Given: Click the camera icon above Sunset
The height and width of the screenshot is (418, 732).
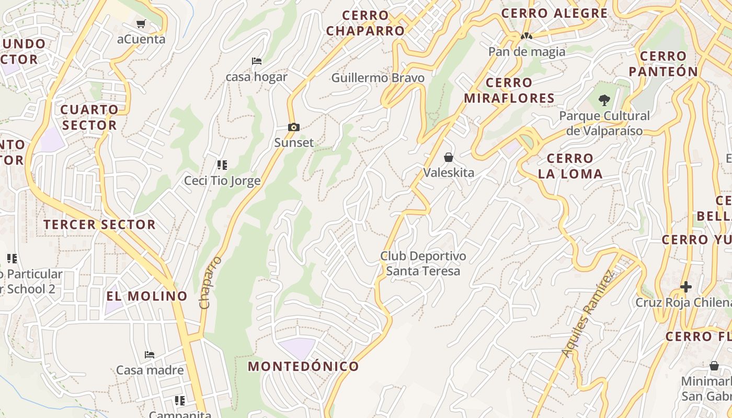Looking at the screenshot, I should [x=294, y=127].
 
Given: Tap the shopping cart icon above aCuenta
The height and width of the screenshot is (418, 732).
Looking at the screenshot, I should [x=141, y=24].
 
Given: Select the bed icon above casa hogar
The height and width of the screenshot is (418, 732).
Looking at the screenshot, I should [x=256, y=61].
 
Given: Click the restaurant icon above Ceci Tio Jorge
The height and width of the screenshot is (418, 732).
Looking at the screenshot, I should [x=222, y=165].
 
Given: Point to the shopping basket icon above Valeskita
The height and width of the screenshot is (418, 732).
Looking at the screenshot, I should [x=448, y=157].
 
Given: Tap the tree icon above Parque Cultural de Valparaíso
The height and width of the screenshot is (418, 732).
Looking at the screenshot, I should [x=604, y=100].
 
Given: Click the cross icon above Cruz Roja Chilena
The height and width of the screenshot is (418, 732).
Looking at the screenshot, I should [x=685, y=286].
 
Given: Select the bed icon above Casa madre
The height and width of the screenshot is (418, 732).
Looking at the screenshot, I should [x=150, y=354].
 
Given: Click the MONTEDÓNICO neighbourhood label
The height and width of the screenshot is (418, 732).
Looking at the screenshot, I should [x=303, y=366].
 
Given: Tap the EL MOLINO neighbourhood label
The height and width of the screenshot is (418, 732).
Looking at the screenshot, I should [x=146, y=296].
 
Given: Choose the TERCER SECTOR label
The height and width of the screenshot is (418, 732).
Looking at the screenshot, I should [x=99, y=225].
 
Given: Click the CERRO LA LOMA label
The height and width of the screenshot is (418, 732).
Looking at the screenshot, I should [x=570, y=166].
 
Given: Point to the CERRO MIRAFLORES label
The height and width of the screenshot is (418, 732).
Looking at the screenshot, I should [x=509, y=90].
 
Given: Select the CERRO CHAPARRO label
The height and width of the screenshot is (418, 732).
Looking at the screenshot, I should [x=365, y=23].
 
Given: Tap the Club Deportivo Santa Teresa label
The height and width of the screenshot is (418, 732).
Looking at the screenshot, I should [x=423, y=263].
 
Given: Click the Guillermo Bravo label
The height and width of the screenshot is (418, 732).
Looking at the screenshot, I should [x=378, y=78].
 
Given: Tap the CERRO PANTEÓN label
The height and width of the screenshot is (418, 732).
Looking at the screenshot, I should [x=663, y=64].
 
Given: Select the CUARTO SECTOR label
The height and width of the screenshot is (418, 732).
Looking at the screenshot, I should [x=89, y=117].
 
